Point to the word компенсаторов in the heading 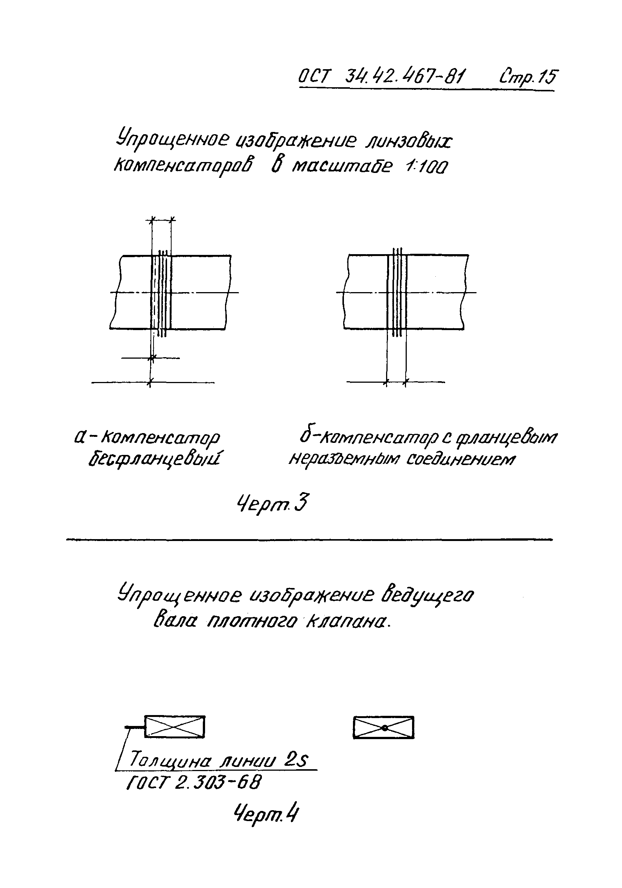coord(183,166)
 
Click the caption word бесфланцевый coord(154,459)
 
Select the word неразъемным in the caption coord(344,459)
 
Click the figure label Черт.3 coord(272,504)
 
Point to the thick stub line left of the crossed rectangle coord(134,728)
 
